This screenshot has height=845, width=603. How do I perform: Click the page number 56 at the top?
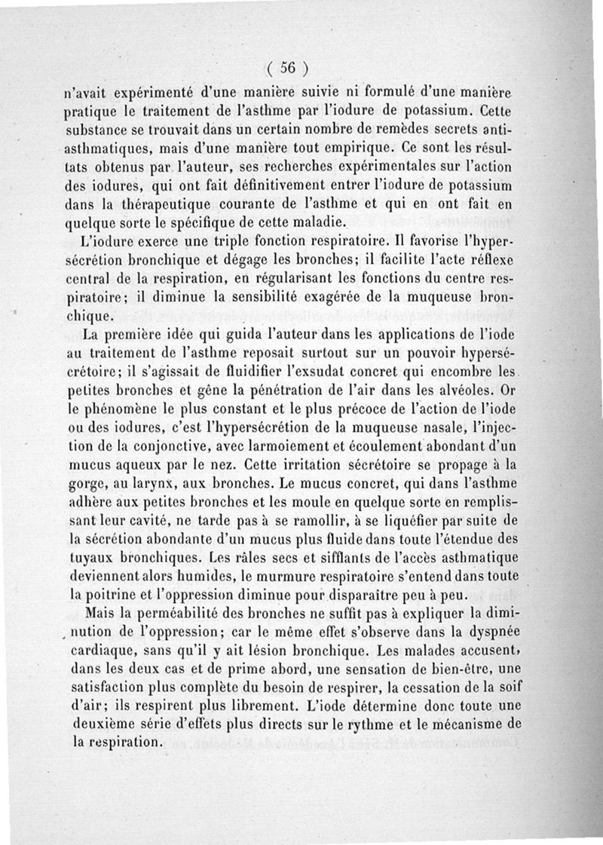pos(286,67)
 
